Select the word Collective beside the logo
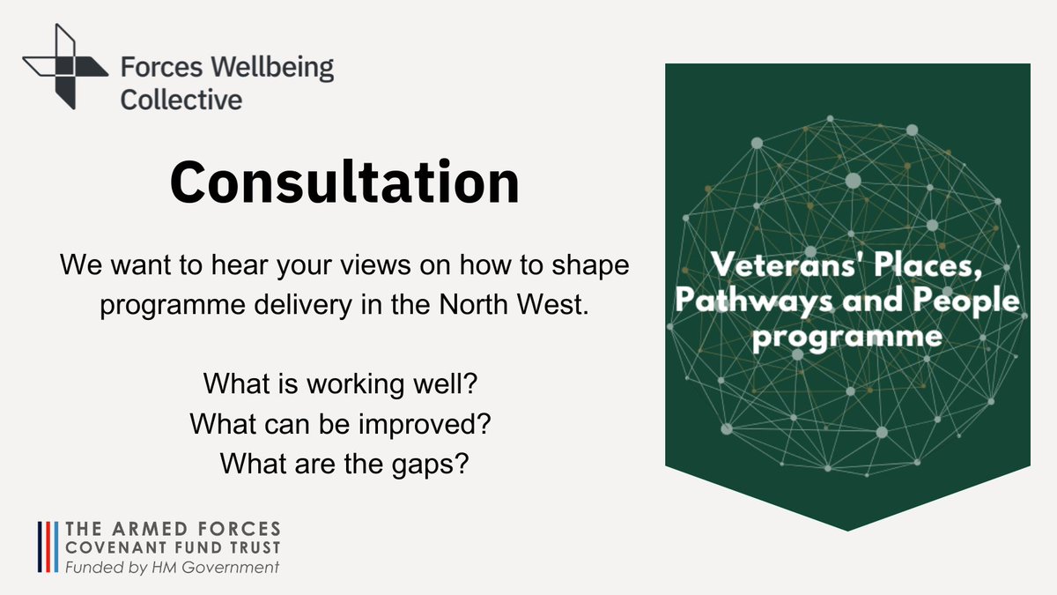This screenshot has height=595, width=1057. click(x=181, y=99)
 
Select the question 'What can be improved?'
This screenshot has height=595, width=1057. click(x=340, y=423)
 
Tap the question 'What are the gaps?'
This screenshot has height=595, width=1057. click(x=343, y=462)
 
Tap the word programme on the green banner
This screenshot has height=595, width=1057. click(x=847, y=337)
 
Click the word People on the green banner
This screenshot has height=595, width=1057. click(x=970, y=301)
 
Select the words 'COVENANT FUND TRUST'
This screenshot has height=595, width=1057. click(x=174, y=548)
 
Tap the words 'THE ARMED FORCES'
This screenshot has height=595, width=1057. click(x=174, y=529)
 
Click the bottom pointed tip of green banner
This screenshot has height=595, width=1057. click(x=847, y=530)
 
